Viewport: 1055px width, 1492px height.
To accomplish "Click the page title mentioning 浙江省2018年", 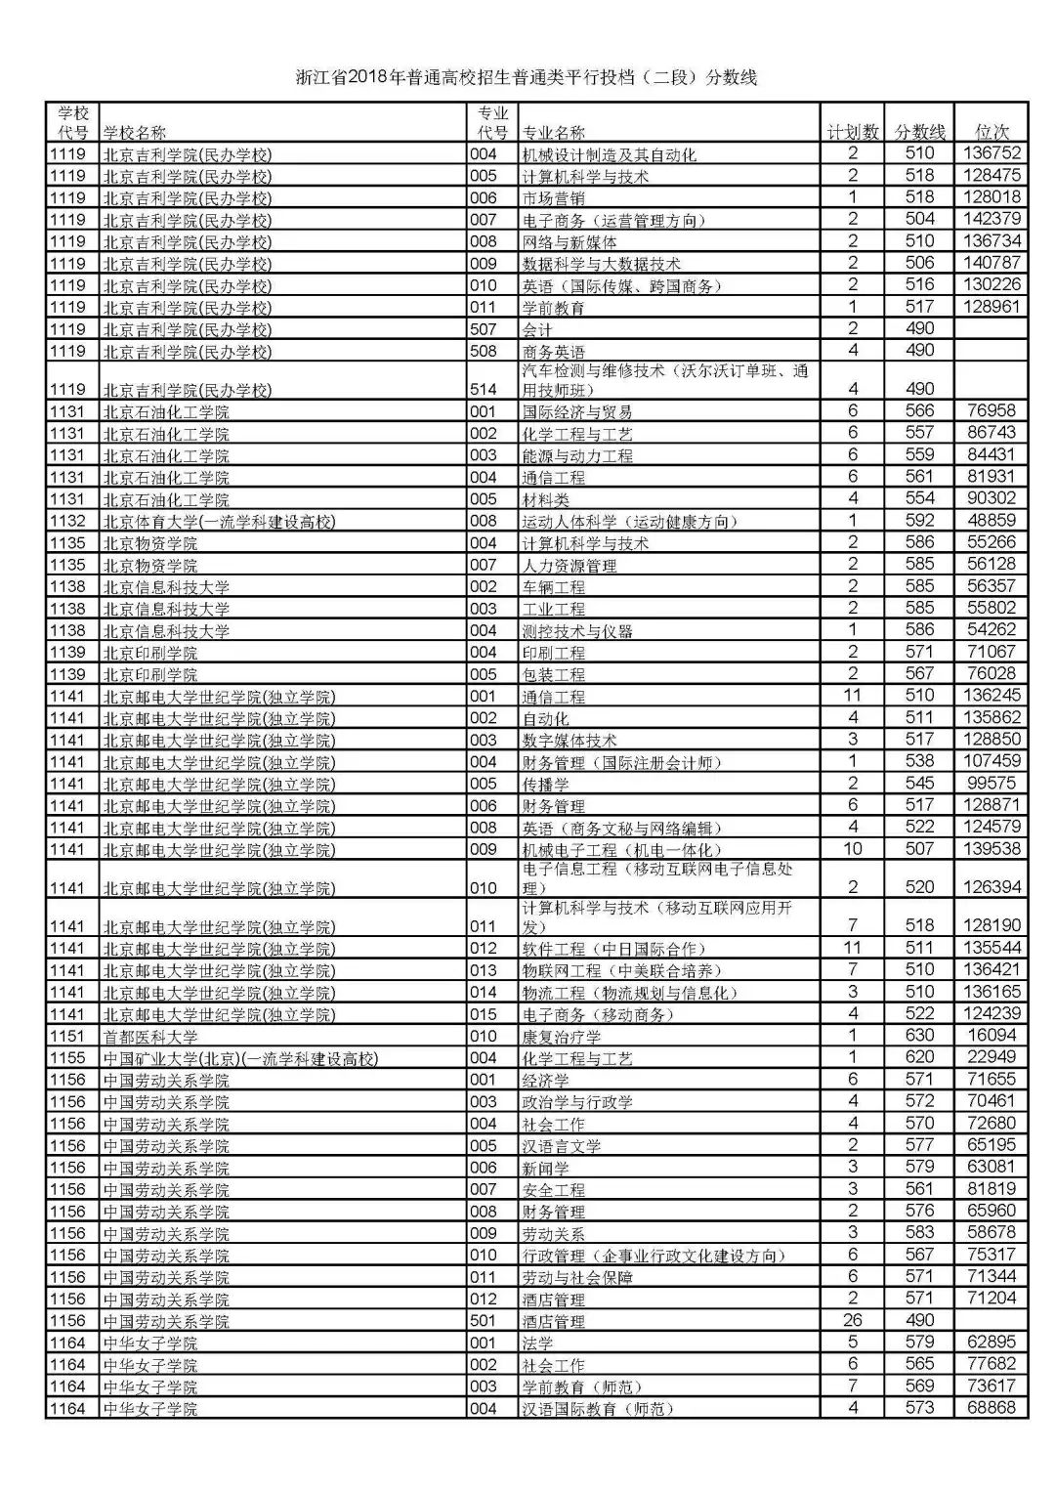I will (x=527, y=78).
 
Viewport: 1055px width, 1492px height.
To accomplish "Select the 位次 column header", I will (x=992, y=132).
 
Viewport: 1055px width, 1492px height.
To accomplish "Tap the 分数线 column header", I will (x=920, y=132).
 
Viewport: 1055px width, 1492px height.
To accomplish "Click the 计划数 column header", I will (x=852, y=132).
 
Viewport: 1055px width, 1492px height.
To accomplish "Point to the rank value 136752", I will (x=992, y=153).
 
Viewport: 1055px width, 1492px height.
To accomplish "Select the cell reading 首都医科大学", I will (x=150, y=1037).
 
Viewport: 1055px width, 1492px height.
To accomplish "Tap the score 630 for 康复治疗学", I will (x=919, y=1036).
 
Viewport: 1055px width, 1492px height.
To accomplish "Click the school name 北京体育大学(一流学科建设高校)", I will (x=219, y=522).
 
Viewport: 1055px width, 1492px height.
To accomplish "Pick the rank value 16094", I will (x=992, y=1036).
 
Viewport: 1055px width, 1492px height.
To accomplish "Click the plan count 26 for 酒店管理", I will (x=853, y=1320).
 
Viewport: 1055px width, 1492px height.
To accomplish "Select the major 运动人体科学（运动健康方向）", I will (x=626, y=522).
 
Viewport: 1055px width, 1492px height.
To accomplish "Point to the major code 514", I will (x=483, y=389).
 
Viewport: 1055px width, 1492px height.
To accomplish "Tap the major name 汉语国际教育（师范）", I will (x=597, y=1409).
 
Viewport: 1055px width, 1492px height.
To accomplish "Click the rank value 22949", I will (x=992, y=1057).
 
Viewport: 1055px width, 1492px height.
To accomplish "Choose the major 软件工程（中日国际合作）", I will (x=612, y=949).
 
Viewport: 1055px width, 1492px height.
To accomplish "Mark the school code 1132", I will (x=68, y=522).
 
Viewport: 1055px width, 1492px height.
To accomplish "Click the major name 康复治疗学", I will (x=561, y=1037).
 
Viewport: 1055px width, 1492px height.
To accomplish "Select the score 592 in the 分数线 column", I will (x=919, y=521).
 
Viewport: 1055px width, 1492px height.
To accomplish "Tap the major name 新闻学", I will (x=545, y=1168).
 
